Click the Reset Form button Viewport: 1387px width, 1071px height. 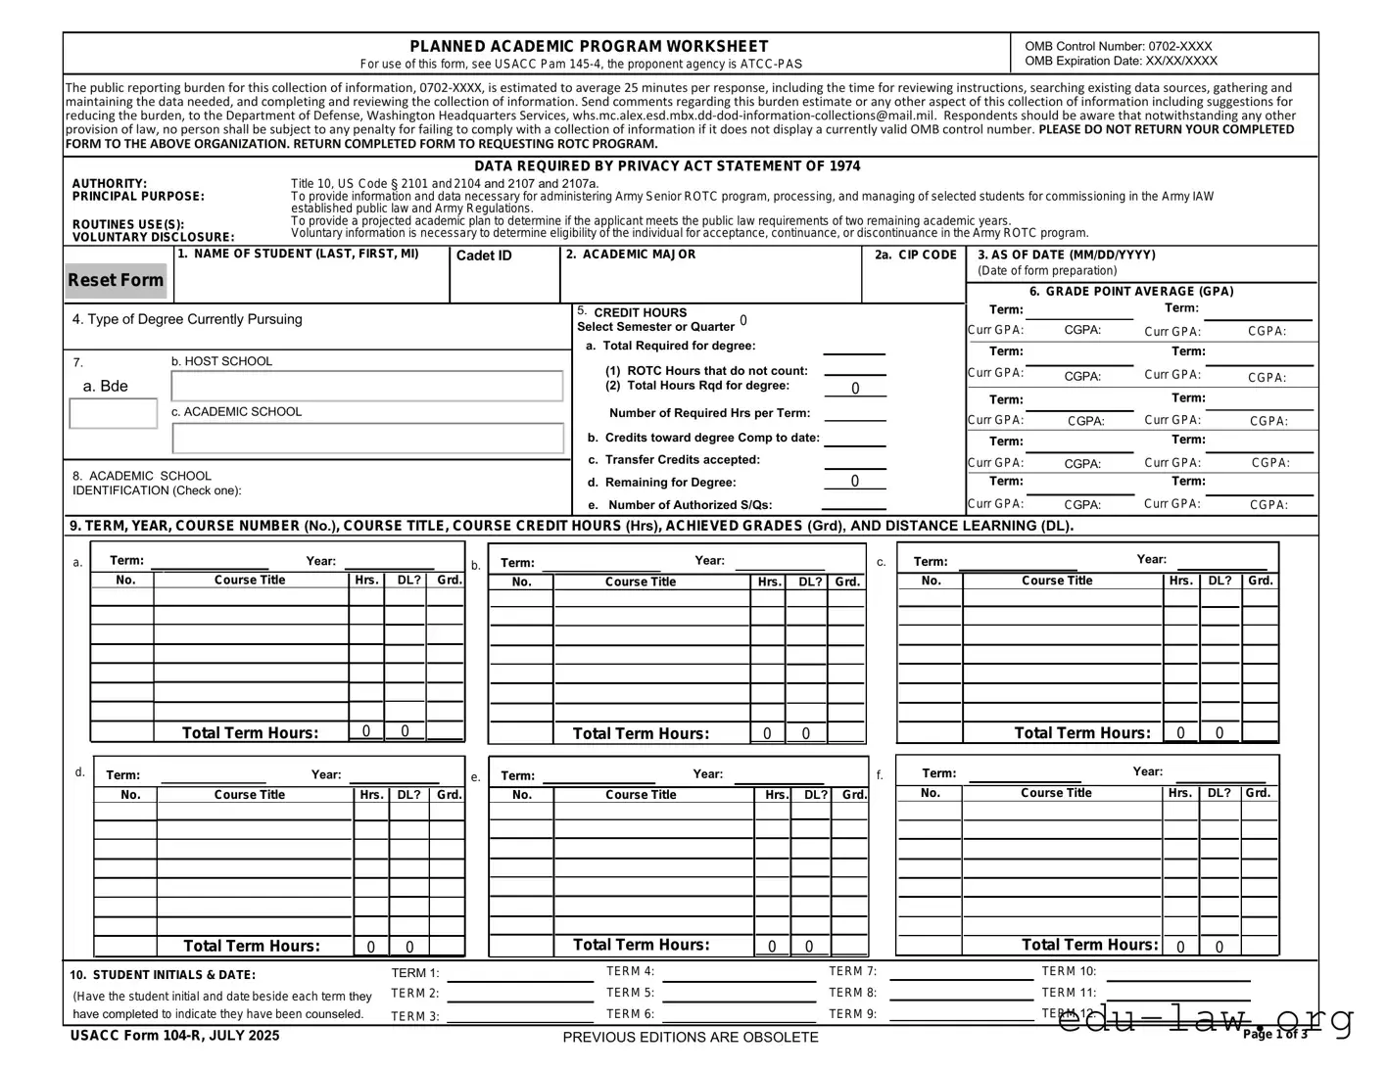pyautogui.click(x=116, y=280)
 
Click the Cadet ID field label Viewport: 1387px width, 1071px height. pyautogui.click(x=484, y=256)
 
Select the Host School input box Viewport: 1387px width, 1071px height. pyautogui.click(x=367, y=386)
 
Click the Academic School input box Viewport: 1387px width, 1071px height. pyautogui.click(x=367, y=438)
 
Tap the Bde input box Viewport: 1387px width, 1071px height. pyautogui.click(x=114, y=413)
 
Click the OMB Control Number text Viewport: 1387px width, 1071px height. pyautogui.click(x=1118, y=46)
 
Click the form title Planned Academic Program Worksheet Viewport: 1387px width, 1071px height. pyautogui.click(x=589, y=46)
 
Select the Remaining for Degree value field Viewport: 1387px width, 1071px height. pyautogui.click(x=854, y=481)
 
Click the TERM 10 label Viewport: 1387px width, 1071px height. pyautogui.click(x=1069, y=971)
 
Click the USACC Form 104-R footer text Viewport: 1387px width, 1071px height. pyautogui.click(x=174, y=1036)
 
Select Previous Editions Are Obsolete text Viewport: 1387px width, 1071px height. pyautogui.click(x=690, y=1037)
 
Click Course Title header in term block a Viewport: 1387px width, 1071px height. pyautogui.click(x=250, y=580)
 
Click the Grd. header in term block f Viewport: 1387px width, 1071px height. pyautogui.click(x=1259, y=793)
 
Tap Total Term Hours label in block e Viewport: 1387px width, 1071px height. pyautogui.click(x=641, y=945)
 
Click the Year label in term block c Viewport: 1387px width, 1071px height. pyautogui.click(x=1151, y=559)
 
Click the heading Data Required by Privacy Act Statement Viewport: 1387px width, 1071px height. pyautogui.click(x=667, y=166)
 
